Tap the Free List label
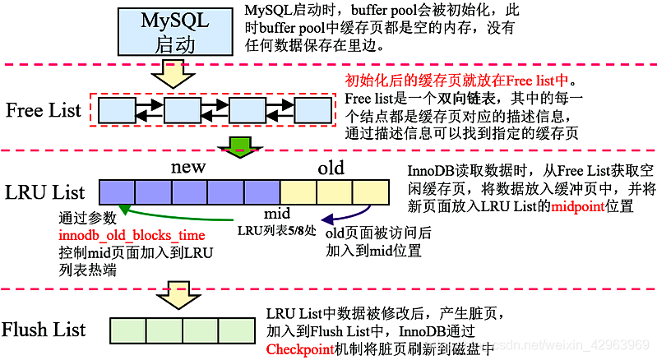[44, 109]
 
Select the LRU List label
[44, 193]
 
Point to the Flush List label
[44, 330]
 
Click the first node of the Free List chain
[117, 109]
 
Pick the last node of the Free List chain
[312, 109]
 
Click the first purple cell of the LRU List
[117, 192]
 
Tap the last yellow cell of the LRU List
[372, 192]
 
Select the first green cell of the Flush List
[127, 330]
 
